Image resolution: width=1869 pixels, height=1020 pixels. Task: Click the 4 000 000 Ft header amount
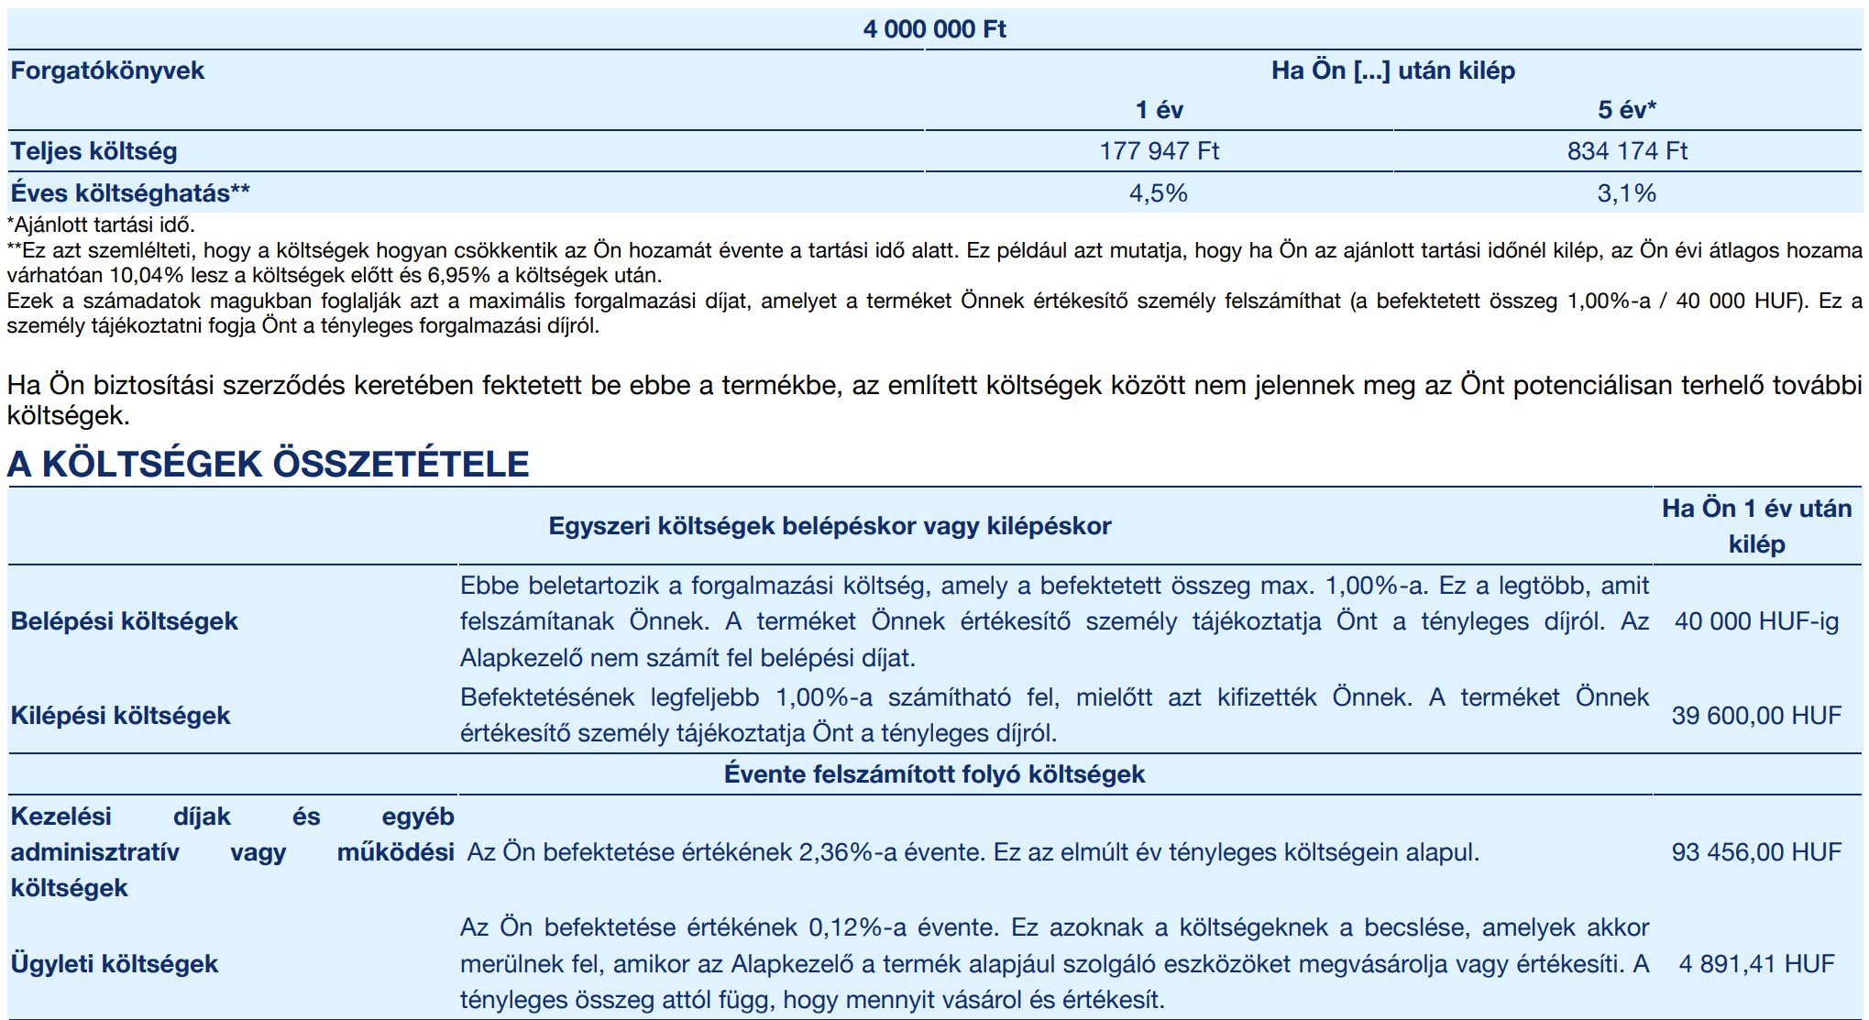[934, 29]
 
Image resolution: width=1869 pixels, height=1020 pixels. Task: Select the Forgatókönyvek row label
[107, 71]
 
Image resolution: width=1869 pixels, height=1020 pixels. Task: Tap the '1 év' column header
[1159, 110]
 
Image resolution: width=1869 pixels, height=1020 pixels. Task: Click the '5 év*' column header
[1627, 110]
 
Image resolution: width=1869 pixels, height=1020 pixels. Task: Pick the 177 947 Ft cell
[1159, 151]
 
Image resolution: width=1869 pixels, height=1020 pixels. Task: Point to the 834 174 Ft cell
[1627, 151]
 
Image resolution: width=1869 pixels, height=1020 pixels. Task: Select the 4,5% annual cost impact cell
[1159, 193]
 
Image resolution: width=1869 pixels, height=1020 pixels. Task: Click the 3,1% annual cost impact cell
[1627, 193]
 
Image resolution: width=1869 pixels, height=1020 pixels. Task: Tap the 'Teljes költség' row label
[93, 151]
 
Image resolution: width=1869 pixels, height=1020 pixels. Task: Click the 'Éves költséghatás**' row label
[129, 193]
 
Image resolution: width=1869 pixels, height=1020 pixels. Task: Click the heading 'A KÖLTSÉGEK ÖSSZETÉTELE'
[268, 464]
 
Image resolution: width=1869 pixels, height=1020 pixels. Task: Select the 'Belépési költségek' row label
[124, 621]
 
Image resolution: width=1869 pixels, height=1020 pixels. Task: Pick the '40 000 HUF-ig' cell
[1756, 621]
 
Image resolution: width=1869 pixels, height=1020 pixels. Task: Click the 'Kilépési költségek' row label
[120, 715]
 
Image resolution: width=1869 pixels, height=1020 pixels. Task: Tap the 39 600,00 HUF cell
[1756, 715]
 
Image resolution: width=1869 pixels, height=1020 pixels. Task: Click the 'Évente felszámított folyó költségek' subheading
[934, 774]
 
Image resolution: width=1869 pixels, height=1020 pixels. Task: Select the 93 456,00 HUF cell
[1756, 852]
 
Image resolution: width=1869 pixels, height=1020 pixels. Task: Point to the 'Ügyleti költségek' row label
[115, 963]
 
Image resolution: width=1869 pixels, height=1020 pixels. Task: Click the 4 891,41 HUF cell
[1756, 963]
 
